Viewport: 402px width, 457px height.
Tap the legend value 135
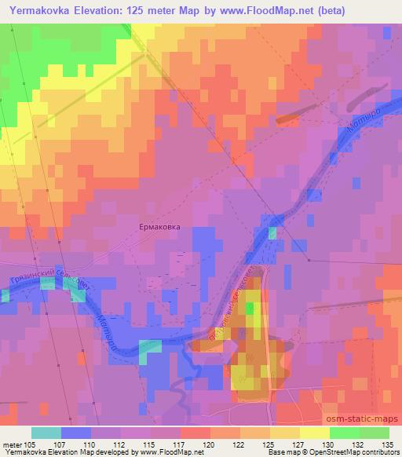[388, 444]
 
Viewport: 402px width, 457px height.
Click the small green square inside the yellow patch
[250, 309]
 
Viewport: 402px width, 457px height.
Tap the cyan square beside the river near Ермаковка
[272, 232]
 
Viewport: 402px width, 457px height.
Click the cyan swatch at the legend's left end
[46, 433]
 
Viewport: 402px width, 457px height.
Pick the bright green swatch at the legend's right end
[374, 433]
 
